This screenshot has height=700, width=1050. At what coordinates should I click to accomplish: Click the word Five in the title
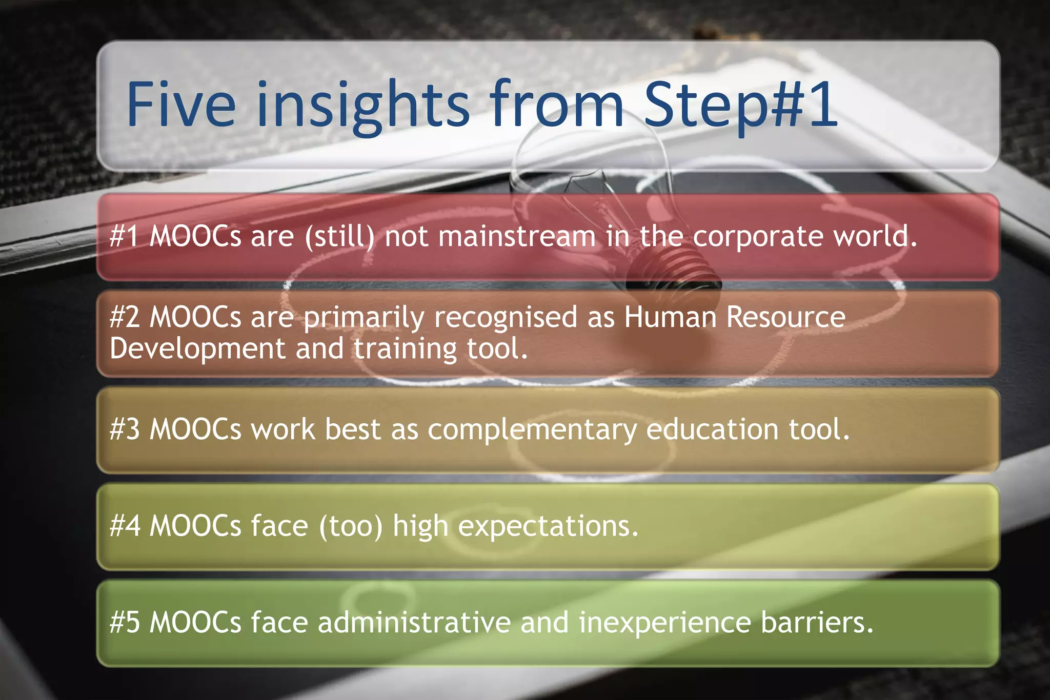tap(180, 105)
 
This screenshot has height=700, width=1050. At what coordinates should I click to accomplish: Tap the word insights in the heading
tap(362, 105)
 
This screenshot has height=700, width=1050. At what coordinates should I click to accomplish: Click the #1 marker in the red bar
tap(124, 237)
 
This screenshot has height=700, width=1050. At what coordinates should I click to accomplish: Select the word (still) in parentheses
tap(339, 237)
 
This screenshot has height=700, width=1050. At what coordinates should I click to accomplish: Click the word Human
tap(670, 317)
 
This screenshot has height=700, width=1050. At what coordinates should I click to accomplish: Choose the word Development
tap(197, 349)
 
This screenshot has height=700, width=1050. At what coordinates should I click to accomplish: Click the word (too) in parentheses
tap(351, 526)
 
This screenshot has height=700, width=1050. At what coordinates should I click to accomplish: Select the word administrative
tap(414, 623)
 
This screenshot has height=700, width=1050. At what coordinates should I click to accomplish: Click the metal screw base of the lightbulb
tap(672, 272)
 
